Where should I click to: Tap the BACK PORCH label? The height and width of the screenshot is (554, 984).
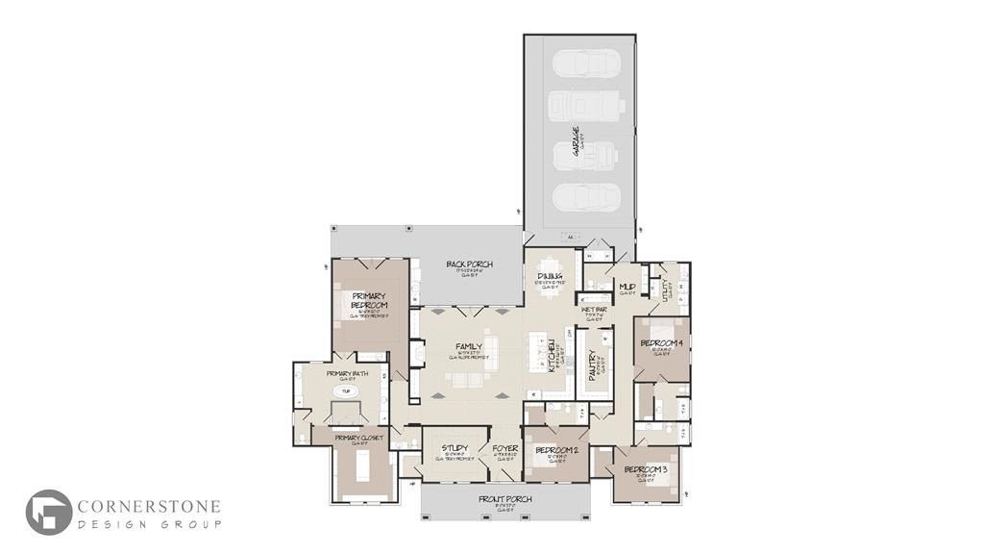[469, 264]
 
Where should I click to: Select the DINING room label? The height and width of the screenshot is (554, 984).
[550, 277]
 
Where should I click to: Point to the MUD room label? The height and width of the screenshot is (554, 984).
[627, 287]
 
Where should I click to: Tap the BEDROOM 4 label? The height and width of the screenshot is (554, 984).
[661, 344]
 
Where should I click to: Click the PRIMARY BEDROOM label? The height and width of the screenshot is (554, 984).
[369, 300]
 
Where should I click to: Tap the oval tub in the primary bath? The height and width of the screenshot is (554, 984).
[344, 391]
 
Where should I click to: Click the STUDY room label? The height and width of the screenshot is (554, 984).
[455, 449]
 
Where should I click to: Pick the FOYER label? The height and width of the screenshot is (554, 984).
[505, 449]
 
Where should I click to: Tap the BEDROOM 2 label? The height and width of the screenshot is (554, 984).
[555, 451]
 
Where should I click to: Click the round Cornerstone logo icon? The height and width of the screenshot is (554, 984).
[48, 512]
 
